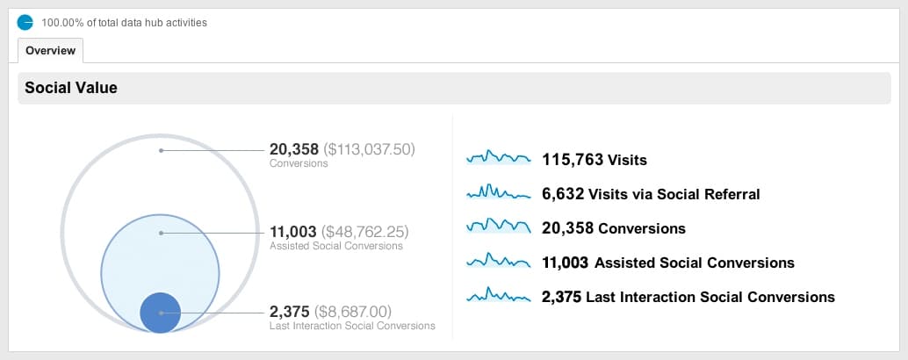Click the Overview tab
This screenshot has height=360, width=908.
(50, 51)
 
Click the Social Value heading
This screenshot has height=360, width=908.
(71, 88)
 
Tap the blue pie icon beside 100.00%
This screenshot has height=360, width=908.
(25, 22)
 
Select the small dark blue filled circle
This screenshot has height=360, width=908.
(161, 313)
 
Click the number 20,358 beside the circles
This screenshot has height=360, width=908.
(295, 150)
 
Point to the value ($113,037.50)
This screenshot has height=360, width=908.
(369, 150)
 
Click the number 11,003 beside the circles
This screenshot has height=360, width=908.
(294, 233)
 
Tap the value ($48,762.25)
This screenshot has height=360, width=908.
(366, 233)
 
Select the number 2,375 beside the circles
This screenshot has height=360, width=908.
(291, 312)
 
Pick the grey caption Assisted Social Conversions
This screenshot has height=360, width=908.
(336, 247)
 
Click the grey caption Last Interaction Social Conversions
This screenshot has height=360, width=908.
(352, 326)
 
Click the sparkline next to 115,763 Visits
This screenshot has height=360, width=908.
(499, 158)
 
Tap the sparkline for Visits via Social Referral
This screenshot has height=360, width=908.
(499, 192)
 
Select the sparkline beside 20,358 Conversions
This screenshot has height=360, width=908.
(499, 227)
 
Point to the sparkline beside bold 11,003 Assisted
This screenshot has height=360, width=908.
(499, 261)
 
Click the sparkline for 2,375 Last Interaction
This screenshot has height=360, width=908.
(499, 296)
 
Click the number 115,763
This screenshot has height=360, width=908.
(573, 160)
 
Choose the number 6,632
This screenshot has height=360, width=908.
(563, 194)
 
